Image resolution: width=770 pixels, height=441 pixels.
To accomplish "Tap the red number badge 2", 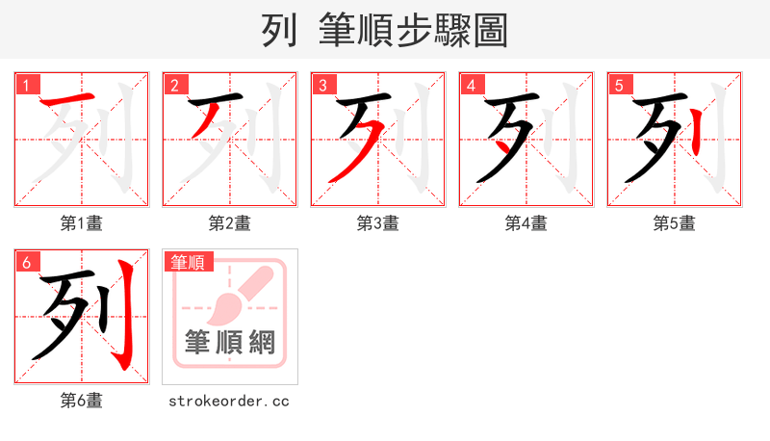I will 174,85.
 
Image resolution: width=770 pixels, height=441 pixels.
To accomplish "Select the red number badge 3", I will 322,85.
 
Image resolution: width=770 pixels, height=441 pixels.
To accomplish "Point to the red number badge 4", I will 471,85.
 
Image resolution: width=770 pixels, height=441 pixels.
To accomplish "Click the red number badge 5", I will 619,85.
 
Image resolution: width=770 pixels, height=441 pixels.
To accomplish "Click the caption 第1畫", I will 82,223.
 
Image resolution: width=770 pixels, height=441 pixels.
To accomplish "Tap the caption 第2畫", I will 230,223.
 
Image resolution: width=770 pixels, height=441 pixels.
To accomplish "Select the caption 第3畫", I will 378,223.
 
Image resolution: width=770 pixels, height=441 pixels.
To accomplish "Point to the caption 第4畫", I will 526,223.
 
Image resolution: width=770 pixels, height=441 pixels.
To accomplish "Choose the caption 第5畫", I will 675,223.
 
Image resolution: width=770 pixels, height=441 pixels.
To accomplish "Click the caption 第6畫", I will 82,401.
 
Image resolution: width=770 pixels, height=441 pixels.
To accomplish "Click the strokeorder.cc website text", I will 229,401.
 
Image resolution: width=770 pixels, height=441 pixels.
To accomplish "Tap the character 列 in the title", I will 278,31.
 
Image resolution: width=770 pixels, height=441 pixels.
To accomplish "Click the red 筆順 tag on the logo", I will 190,262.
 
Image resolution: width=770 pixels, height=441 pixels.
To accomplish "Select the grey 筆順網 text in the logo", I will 230,342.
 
